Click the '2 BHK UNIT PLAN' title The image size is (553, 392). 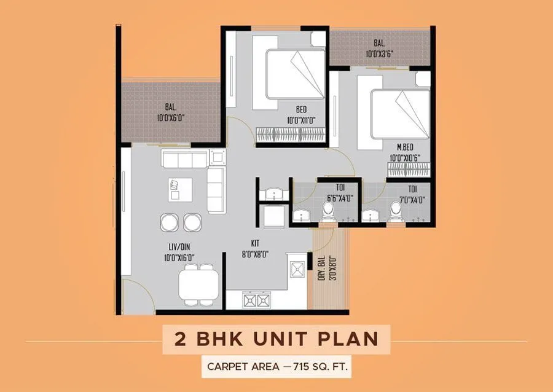[276, 339]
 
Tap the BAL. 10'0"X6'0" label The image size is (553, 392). [171, 112]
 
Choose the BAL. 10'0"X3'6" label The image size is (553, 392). [378, 48]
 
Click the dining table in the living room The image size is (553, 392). [198, 284]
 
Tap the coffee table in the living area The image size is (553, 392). [180, 189]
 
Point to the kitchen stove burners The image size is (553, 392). [257, 300]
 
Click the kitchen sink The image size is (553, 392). [298, 270]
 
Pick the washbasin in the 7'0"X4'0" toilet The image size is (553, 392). [371, 215]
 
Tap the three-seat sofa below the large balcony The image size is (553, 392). [184, 159]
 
